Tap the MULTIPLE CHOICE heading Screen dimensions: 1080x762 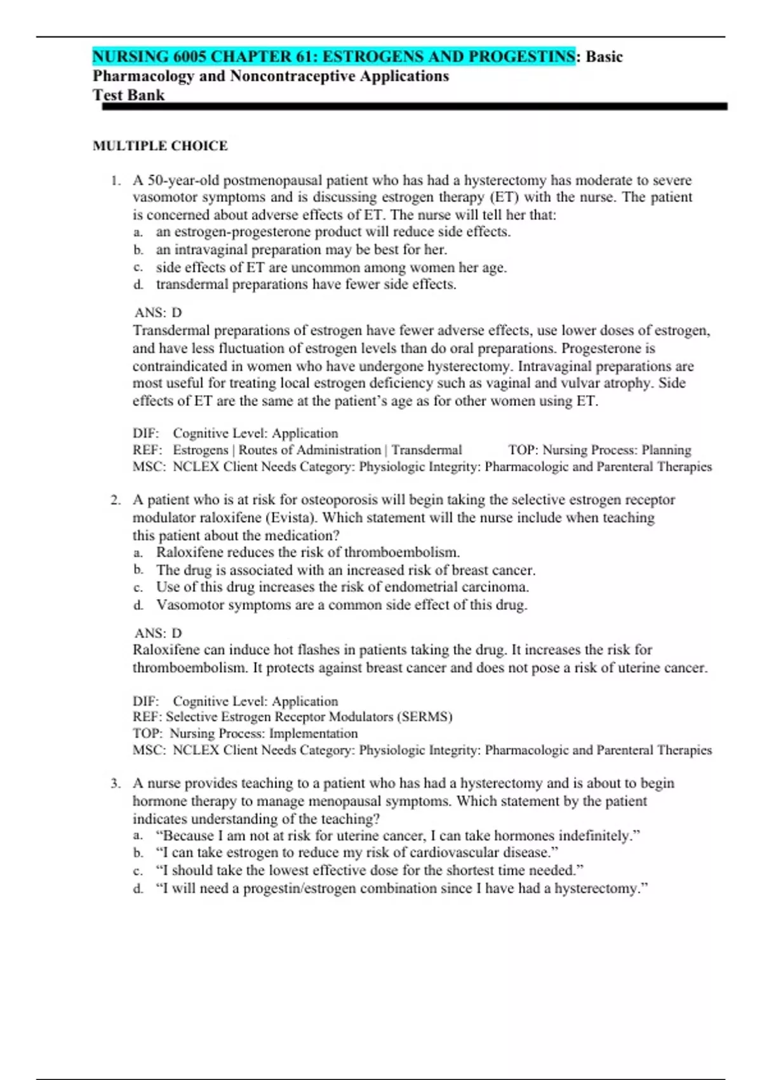[160, 145]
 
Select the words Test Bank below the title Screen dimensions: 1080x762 [128, 95]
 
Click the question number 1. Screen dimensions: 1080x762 [115, 180]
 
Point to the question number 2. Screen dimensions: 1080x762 [115, 500]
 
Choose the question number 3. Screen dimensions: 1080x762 [115, 783]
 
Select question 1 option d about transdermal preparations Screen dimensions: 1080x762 [306, 285]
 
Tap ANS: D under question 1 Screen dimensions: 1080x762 [157, 313]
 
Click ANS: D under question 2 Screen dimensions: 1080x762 [157, 633]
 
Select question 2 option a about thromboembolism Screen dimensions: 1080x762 [308, 553]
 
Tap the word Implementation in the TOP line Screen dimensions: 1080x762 [313, 734]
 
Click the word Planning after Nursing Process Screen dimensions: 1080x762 [666, 450]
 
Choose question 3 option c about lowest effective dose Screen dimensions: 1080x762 [370, 870]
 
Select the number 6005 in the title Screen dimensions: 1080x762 [189, 57]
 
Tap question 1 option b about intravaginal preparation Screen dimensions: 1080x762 [302, 250]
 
